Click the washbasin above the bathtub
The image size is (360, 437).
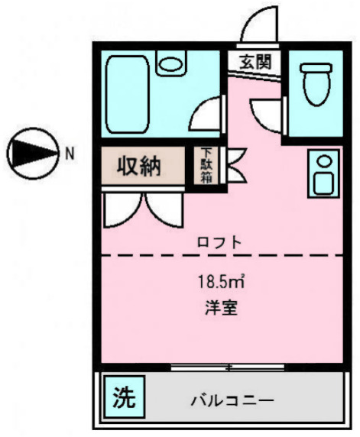(x=170, y=62)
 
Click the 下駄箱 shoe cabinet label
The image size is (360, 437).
(x=206, y=167)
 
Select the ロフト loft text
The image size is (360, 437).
(x=219, y=242)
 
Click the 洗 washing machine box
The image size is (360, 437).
(x=122, y=397)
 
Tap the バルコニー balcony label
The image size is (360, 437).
(x=232, y=400)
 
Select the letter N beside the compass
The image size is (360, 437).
(x=70, y=153)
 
